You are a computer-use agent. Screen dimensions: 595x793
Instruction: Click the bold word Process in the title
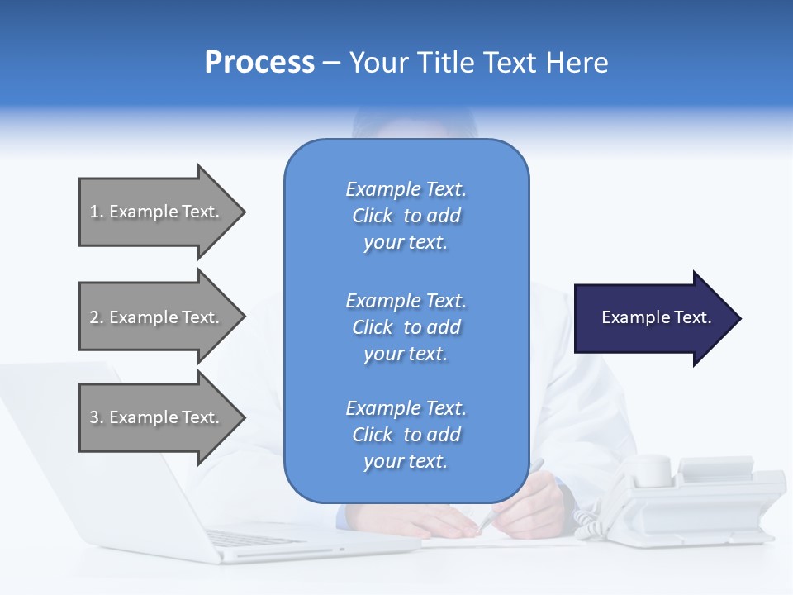pos(259,62)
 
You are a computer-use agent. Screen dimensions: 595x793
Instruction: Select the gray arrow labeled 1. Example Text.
pos(157,212)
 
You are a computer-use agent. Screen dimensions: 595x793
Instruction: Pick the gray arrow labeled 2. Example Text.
pos(157,317)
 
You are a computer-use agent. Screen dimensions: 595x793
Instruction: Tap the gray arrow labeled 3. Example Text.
pos(157,417)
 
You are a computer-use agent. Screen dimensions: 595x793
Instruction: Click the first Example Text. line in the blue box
pos(406,189)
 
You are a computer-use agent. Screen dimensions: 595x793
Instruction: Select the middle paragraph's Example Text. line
pos(406,300)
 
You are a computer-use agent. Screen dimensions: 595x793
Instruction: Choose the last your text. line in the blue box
pos(406,462)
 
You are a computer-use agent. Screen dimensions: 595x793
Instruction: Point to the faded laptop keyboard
pos(256,538)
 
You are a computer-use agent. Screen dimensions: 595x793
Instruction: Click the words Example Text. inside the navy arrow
pos(656,317)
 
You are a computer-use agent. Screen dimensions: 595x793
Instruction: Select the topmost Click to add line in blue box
pos(406,216)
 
